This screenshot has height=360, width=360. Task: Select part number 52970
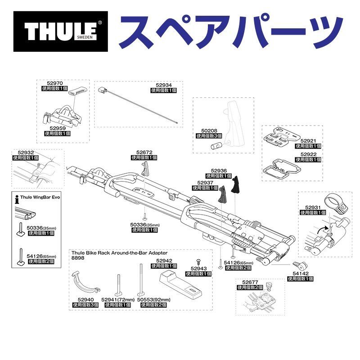click(56, 83)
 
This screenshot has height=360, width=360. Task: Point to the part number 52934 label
click(164, 85)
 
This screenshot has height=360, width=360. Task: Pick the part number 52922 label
click(308, 154)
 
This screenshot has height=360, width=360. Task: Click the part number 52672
click(144, 152)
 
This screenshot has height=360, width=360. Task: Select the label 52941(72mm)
click(118, 299)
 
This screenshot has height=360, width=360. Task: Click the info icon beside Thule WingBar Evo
click(17, 197)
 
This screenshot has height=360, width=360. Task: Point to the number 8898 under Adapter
click(77, 258)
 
